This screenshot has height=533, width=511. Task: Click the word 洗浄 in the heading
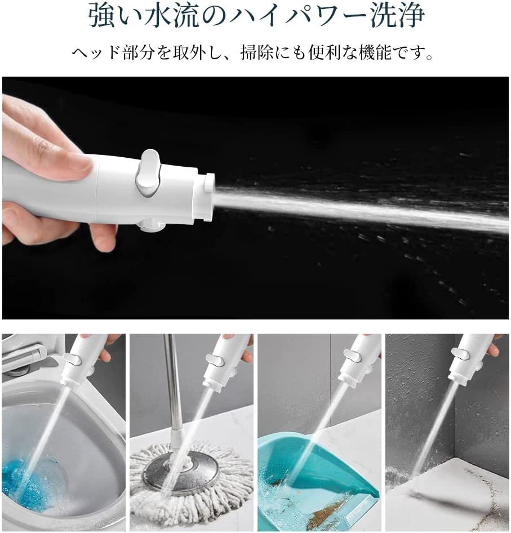point(397,15)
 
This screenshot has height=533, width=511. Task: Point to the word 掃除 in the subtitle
point(257,53)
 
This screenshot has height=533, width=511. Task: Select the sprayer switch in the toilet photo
point(73,358)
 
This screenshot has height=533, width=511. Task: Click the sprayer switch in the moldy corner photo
point(463,353)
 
